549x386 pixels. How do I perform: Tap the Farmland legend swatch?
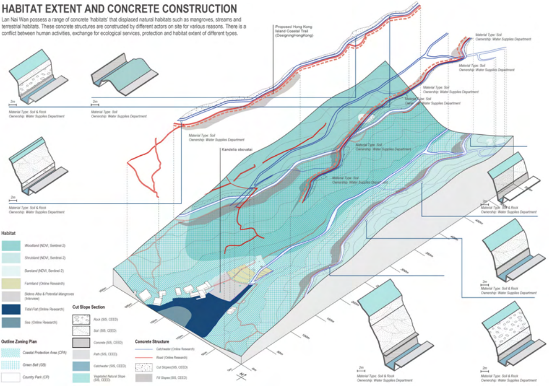click(x=12, y=283)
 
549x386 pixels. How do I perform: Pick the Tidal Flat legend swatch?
click(x=12, y=309)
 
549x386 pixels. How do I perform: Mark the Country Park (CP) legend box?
click(x=12, y=377)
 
